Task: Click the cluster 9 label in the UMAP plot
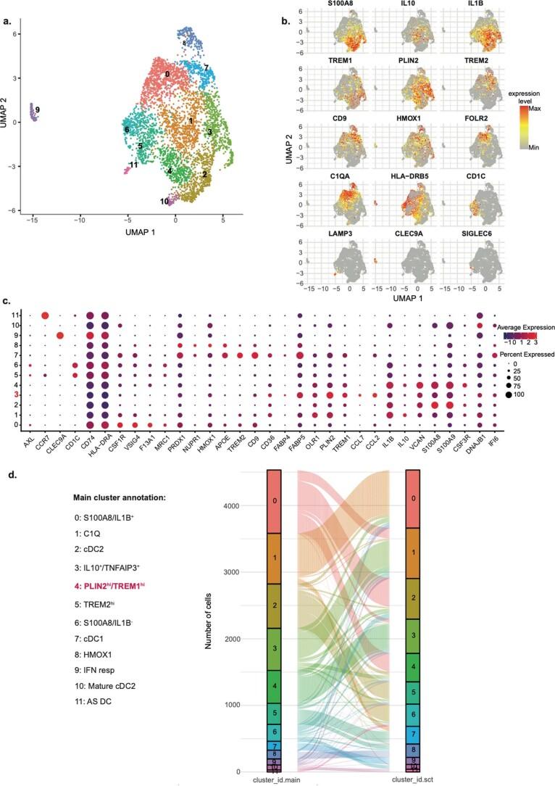click(x=37, y=110)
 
